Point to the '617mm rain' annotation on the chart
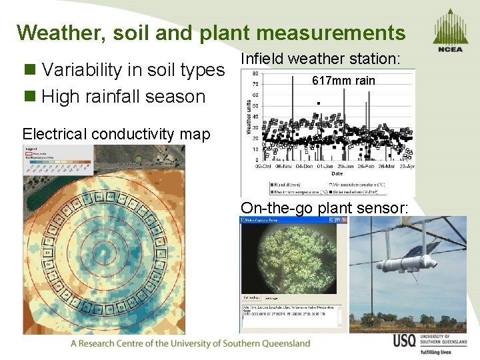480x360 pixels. pyautogui.click(x=343, y=81)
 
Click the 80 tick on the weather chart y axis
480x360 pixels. pyautogui.click(x=255, y=73)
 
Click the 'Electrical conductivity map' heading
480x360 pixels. pyautogui.click(x=116, y=134)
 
